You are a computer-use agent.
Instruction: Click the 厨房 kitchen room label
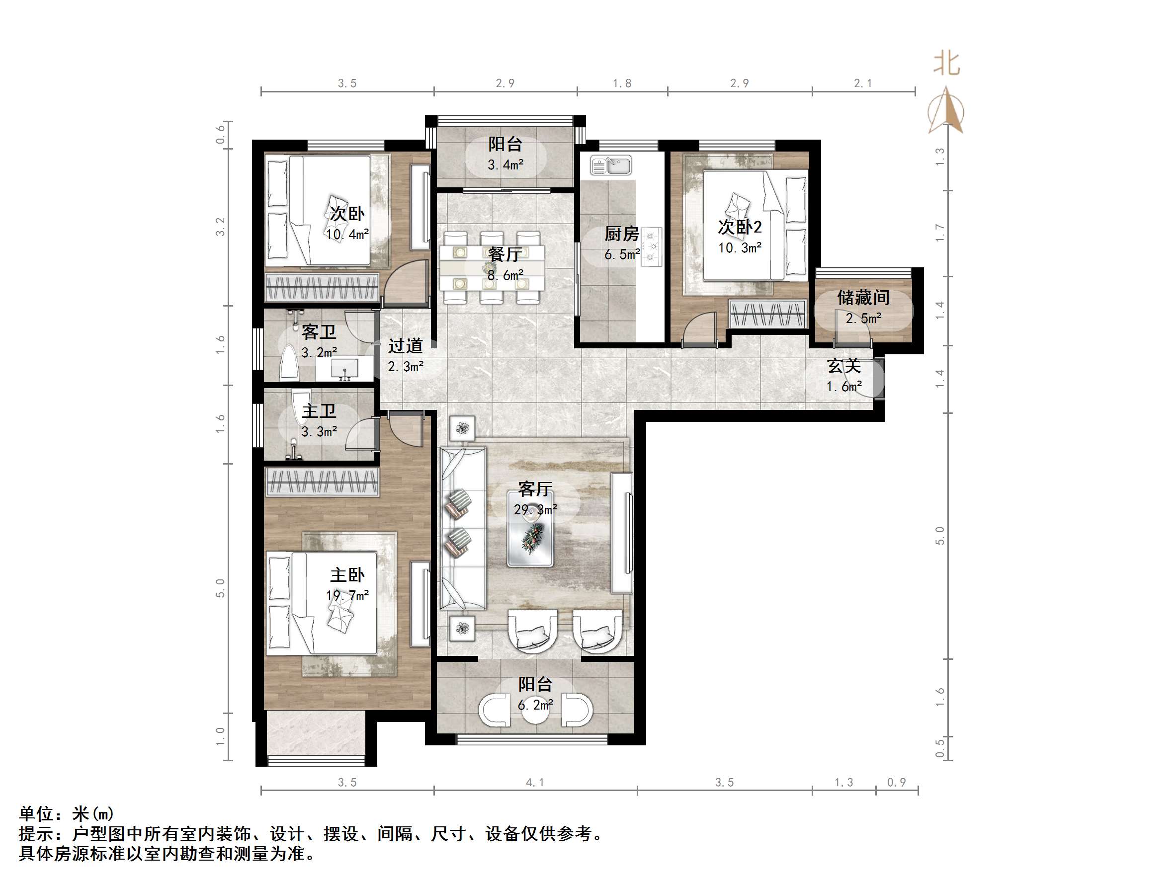(x=621, y=234)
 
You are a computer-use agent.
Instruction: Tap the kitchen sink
(x=611, y=165)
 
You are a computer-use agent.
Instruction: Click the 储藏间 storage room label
(x=863, y=297)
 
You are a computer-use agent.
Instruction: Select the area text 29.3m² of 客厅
(x=535, y=509)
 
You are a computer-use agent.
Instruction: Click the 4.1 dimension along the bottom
(x=535, y=782)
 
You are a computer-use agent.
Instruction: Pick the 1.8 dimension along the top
(x=621, y=83)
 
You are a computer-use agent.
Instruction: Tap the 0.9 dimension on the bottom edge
(x=896, y=782)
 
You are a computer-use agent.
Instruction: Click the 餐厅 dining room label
(x=504, y=254)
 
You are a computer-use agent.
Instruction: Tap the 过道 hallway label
(x=405, y=346)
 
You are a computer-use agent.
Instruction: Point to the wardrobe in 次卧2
(x=767, y=314)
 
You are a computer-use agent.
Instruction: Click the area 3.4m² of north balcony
(x=505, y=165)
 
